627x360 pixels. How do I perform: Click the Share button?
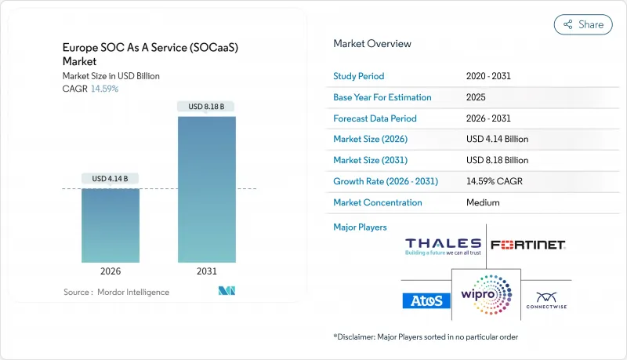583,24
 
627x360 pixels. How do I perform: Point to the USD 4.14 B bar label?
111,178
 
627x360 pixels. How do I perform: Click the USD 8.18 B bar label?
207,106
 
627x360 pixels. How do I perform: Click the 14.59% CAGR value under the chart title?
104,89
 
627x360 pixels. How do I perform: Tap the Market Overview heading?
372,44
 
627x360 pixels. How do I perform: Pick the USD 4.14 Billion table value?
497,140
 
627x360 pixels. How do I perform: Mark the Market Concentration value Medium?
483,202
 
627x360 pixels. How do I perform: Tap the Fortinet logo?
528,245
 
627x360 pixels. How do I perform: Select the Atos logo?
426,300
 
